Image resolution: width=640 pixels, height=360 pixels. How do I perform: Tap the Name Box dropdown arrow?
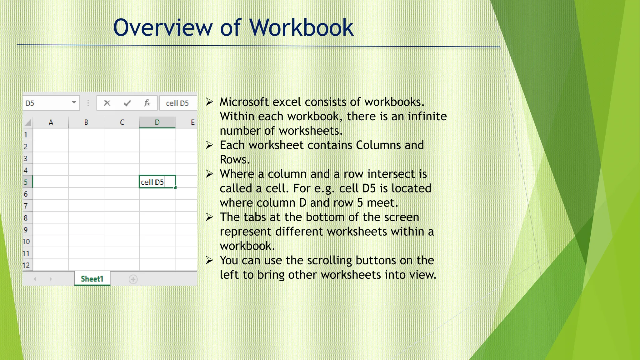click(x=74, y=102)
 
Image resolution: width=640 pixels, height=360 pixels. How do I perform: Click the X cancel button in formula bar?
click(x=107, y=103)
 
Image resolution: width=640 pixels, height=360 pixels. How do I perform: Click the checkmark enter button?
click(x=127, y=103)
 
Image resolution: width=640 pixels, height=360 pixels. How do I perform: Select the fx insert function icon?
click(x=147, y=103)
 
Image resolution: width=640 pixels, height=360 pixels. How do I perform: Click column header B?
click(x=86, y=122)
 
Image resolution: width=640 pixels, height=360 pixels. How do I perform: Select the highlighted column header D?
click(x=157, y=122)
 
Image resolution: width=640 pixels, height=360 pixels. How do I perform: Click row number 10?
click(x=26, y=242)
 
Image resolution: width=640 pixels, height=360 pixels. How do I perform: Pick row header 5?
click(x=26, y=182)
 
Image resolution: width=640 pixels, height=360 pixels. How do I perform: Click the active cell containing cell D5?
click(x=157, y=182)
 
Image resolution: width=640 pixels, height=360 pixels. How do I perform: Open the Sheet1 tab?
click(x=92, y=279)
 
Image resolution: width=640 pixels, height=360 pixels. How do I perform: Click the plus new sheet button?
click(x=133, y=279)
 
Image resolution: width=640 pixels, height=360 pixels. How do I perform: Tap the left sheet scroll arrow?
click(x=35, y=279)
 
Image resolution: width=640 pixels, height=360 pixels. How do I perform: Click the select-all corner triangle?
click(x=28, y=122)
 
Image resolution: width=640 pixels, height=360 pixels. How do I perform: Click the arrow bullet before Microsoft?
click(x=209, y=102)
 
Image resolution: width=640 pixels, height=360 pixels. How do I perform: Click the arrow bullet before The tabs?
click(x=209, y=217)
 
